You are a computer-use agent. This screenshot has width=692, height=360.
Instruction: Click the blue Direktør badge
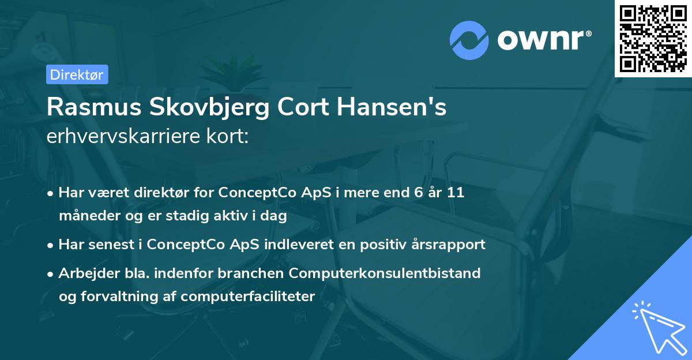(x=77, y=74)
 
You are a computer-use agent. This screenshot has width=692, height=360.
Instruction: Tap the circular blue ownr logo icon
(x=469, y=40)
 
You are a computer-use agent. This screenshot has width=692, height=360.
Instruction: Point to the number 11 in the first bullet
(x=456, y=193)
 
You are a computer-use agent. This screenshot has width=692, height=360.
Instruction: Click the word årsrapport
(x=450, y=245)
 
